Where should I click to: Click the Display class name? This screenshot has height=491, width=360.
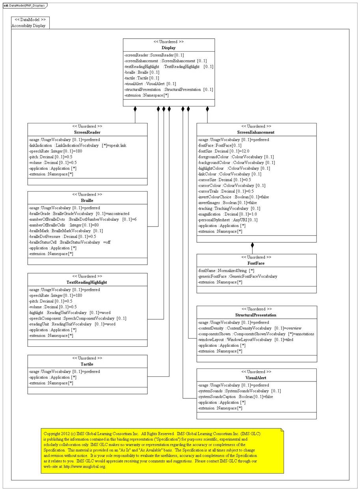pyautogui.click(x=169, y=48)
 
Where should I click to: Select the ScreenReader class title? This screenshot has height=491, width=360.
pyautogui.click(x=87, y=132)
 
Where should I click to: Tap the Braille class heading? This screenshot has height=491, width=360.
pyautogui.click(x=87, y=201)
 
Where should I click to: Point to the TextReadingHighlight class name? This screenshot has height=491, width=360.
pyautogui.click(x=87, y=282)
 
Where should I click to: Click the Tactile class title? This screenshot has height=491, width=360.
pyautogui.click(x=87, y=364)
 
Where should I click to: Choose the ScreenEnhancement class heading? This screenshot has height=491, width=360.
pyautogui.click(x=256, y=132)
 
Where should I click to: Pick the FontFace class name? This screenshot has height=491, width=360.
pyautogui.click(x=256, y=263)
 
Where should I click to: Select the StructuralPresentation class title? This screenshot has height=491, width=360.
pyautogui.click(x=256, y=315)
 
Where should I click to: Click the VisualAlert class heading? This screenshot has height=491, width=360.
pyautogui.click(x=256, y=378)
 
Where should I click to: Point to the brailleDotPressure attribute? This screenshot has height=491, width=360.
pyautogui.click(x=63, y=236)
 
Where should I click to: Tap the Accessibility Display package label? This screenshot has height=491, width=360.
pyautogui.click(x=28, y=26)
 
